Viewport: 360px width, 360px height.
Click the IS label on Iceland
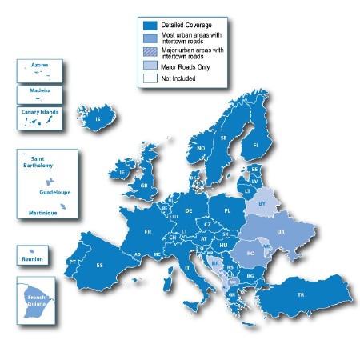(x=98, y=120)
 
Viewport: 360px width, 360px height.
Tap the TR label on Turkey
(x=302, y=295)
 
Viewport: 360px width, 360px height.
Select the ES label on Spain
(x=100, y=265)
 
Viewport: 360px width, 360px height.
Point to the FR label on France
(x=148, y=231)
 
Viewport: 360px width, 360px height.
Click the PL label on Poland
(x=228, y=211)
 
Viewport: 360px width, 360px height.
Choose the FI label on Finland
(x=255, y=146)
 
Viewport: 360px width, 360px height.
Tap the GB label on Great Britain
(x=145, y=186)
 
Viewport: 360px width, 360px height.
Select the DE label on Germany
(x=189, y=210)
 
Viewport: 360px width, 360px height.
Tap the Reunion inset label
(x=33, y=260)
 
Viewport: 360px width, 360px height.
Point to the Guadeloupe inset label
(x=54, y=193)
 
